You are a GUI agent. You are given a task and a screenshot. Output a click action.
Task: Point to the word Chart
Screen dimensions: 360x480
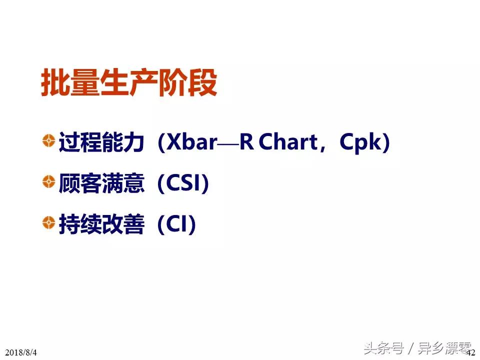[288, 143]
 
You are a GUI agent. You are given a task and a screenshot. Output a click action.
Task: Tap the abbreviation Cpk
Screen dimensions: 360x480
[360, 143]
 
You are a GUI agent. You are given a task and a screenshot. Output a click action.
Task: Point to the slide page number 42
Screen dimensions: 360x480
[471, 352]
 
